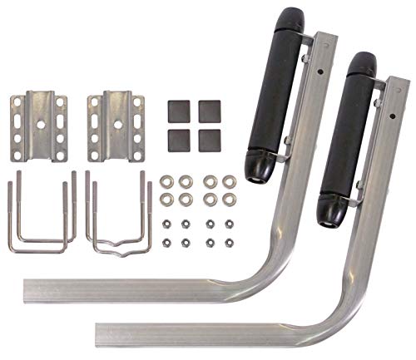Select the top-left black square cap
click(176, 109)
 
